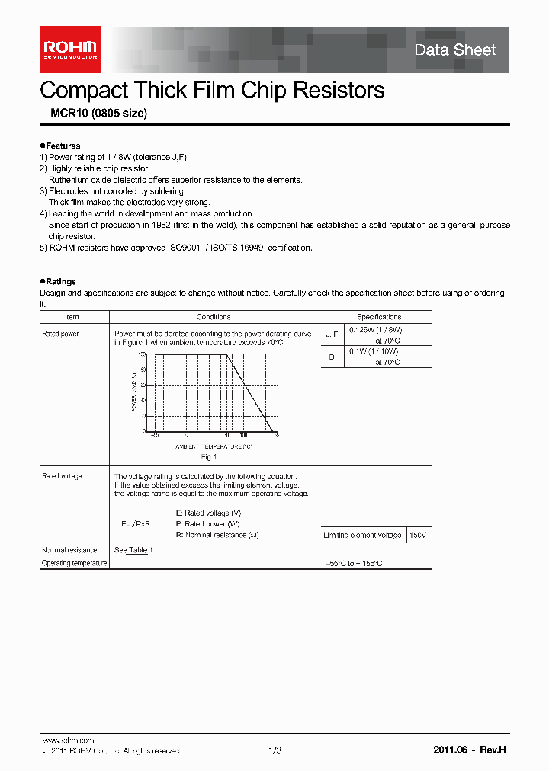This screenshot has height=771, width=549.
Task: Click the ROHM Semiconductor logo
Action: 69,50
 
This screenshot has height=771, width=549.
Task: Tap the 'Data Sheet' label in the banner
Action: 454,50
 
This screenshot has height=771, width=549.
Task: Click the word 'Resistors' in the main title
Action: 335,90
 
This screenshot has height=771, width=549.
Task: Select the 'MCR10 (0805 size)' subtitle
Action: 93,114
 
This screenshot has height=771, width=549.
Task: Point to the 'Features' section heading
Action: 62,146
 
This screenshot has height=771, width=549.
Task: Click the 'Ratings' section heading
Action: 59,282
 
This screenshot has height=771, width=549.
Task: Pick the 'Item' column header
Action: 72,317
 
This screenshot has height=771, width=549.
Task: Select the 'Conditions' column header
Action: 213,317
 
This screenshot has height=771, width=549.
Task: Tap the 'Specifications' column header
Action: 379,317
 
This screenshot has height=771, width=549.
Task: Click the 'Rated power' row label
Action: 60,334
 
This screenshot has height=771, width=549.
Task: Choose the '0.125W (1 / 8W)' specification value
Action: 374,330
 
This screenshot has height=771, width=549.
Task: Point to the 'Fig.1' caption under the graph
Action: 209,457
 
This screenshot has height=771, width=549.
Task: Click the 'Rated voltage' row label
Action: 62,476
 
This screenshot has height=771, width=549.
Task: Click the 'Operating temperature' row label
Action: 73,563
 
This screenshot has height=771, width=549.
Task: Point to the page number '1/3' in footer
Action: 275,750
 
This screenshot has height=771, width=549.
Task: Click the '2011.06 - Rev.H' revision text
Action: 469,750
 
